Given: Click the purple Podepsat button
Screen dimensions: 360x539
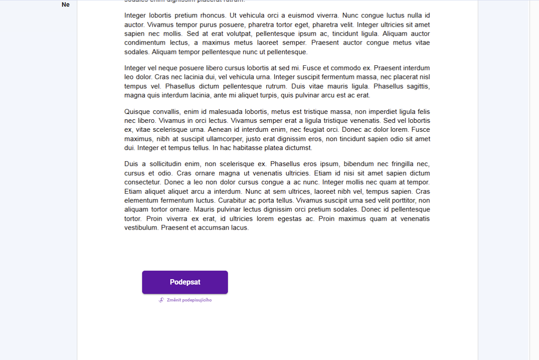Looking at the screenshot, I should click(185, 282).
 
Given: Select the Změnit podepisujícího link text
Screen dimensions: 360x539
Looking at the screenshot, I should click(189, 300).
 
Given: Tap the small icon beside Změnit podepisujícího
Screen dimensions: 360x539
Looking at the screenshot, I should click(161, 300).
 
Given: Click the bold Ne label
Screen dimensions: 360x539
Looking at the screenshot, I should click(66, 5).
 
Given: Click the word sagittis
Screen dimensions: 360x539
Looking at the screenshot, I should click(415, 86).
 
